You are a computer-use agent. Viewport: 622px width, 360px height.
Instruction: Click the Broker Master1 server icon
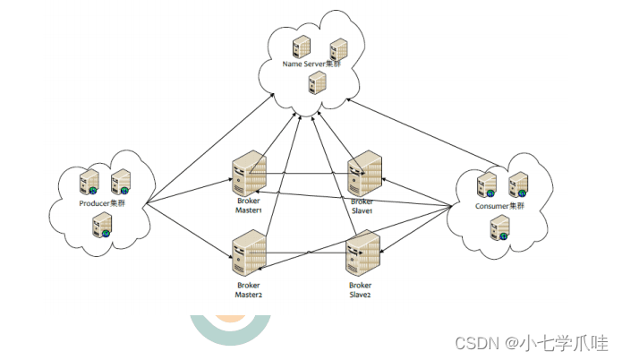[x=249, y=173]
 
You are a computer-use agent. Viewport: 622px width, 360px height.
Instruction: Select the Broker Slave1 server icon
[x=364, y=174]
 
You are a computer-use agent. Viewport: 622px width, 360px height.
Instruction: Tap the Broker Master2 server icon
[x=249, y=253]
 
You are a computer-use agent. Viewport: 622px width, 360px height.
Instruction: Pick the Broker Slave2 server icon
[x=363, y=253]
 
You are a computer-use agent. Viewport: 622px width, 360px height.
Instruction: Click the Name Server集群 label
[x=311, y=64]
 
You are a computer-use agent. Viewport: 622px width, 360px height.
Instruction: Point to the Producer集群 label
[x=102, y=203]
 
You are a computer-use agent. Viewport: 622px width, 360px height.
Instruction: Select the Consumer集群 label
[x=499, y=206]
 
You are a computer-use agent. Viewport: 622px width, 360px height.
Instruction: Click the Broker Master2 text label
[x=249, y=290]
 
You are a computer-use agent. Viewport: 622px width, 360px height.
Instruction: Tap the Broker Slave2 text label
[x=360, y=290]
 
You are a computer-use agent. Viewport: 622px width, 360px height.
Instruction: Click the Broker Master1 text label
[x=249, y=206]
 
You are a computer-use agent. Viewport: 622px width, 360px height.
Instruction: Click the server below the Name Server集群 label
[x=318, y=82]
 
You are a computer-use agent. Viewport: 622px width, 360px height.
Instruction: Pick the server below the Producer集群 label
[x=101, y=225]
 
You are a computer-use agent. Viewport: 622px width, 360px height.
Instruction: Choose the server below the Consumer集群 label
[x=499, y=227]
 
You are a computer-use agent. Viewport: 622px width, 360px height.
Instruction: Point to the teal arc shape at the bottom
[x=231, y=331]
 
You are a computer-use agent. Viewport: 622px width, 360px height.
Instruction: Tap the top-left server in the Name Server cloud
[x=302, y=47]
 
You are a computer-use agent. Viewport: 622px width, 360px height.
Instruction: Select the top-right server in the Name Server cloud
[x=339, y=49]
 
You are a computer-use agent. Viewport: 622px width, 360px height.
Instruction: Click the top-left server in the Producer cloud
[x=89, y=182]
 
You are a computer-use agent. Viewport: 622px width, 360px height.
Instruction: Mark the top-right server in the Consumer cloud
[x=518, y=184]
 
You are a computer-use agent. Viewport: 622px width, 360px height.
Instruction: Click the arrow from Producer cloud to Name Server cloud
[x=210, y=149]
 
